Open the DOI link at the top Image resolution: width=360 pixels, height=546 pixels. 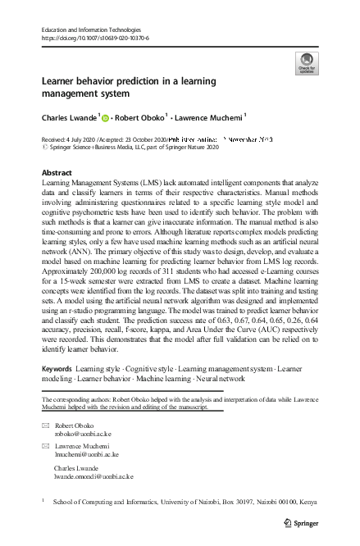click(94, 39)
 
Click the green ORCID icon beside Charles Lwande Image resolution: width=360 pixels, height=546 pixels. click(105, 118)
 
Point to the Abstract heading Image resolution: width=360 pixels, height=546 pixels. click(56, 174)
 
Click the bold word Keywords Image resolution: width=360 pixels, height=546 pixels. click(57, 371)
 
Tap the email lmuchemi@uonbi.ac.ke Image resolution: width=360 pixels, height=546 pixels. click(87, 453)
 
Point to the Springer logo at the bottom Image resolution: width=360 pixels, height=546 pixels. click(298, 522)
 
